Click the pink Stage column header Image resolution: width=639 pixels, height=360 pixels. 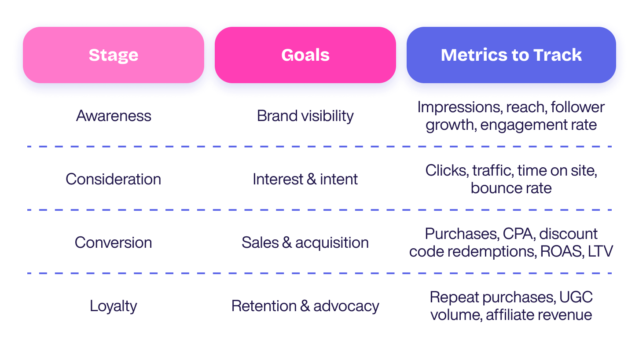114,55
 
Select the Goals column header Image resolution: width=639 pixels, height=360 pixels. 305,55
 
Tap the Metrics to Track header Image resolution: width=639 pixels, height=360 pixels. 511,55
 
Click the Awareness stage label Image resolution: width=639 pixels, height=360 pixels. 114,116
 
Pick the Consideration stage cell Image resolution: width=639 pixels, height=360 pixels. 114,179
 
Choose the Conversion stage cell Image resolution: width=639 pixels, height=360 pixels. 114,242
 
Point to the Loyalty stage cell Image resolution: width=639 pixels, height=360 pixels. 114,306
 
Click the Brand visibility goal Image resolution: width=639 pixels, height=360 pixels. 305,116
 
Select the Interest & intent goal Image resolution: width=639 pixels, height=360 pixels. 305,179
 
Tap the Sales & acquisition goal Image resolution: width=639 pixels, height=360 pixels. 305,242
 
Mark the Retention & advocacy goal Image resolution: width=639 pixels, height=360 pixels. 305,306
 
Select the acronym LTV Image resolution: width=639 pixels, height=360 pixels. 600,251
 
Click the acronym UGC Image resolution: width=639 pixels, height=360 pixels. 576,297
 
